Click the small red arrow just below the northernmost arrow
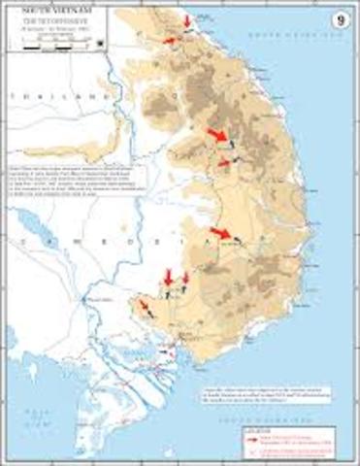pyautogui.click(x=172, y=41)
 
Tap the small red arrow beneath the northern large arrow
pyautogui.click(x=224, y=162)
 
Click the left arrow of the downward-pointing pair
pyautogui.click(x=168, y=278)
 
